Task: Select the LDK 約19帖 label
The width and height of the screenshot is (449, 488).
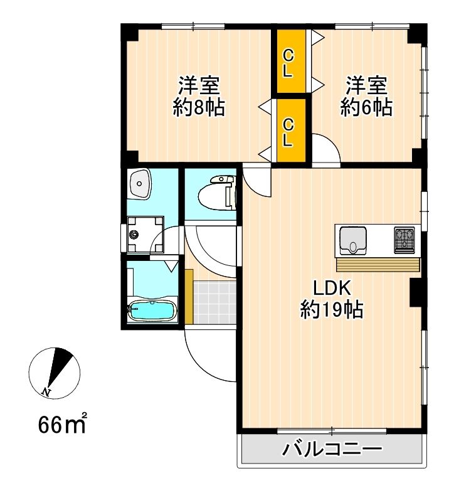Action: (332, 299)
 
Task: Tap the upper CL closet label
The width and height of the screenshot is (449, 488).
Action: (288, 64)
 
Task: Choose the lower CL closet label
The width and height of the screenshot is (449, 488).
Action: (288, 133)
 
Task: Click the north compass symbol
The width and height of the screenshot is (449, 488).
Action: (55, 373)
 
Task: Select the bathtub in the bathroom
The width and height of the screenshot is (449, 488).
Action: (152, 310)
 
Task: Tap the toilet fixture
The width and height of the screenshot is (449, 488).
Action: (216, 193)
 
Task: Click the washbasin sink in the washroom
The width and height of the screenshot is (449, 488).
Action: (140, 183)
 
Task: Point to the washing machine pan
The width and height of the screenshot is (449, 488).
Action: (145, 235)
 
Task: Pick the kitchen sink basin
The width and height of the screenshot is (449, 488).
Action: (353, 241)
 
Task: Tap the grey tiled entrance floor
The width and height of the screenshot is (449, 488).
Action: (214, 302)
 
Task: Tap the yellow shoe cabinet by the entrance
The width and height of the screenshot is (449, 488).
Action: (189, 297)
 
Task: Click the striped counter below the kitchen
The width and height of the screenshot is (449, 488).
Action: (378, 265)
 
